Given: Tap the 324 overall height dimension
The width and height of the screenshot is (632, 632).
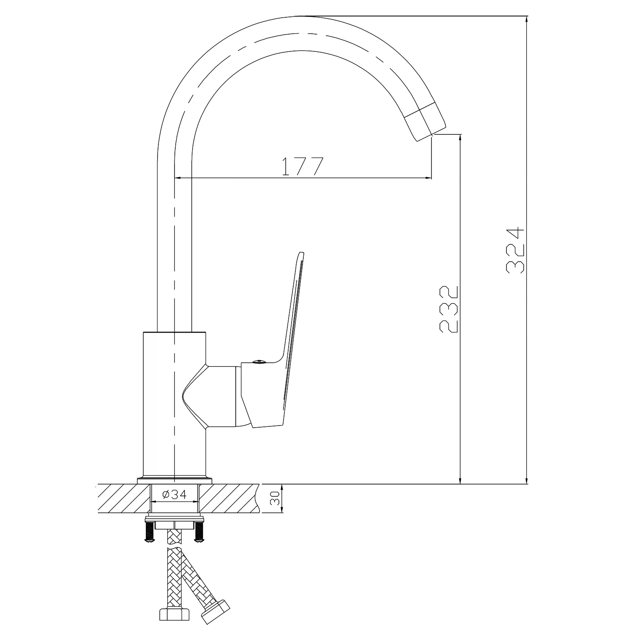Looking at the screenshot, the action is pyautogui.click(x=515, y=251).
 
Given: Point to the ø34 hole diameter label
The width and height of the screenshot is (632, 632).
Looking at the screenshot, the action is pyautogui.click(x=174, y=494).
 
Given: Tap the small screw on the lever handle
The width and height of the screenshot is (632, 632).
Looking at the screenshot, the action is pyautogui.click(x=258, y=361).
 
